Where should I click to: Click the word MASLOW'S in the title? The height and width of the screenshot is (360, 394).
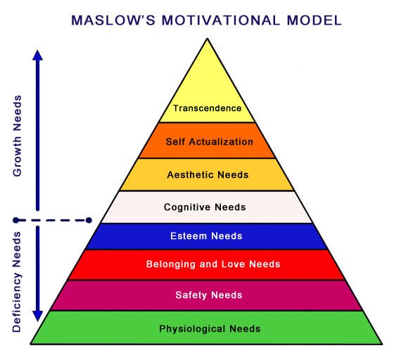(113, 20)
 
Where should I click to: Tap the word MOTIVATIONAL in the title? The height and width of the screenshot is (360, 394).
(221, 20)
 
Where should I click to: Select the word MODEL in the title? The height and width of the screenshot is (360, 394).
(314, 20)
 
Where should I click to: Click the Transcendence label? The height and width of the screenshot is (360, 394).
(208, 108)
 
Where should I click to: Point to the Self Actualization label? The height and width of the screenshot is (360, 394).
(210, 142)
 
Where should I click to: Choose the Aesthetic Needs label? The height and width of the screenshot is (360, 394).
(208, 175)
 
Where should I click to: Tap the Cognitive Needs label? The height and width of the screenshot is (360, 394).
(205, 207)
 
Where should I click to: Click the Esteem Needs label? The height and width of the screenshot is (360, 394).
(206, 236)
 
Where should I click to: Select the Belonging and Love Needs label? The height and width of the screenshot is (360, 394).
(213, 264)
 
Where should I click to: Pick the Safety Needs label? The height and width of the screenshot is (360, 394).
(209, 295)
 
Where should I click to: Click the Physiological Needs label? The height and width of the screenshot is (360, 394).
(210, 329)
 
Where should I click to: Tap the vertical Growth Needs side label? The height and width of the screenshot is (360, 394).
(18, 136)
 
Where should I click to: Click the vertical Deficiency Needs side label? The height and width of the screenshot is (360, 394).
(17, 282)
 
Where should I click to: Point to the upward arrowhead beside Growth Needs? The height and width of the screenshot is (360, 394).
(38, 56)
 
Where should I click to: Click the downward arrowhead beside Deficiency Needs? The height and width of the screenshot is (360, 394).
(38, 316)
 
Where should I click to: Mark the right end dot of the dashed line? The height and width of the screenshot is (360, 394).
(89, 220)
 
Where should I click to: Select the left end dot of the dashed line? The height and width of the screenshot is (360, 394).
(15, 220)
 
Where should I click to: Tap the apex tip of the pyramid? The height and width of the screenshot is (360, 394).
(208, 39)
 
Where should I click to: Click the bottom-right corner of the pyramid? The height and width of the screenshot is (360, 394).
(382, 345)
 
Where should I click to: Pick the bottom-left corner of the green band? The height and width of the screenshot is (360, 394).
(30, 345)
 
